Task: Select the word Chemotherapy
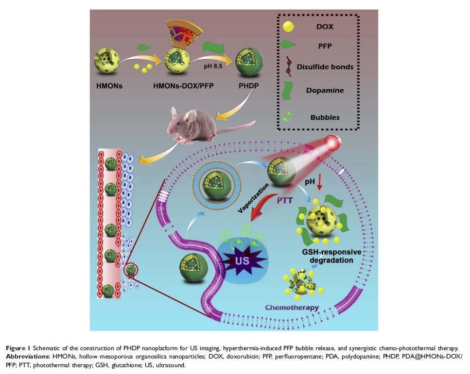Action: tap(292, 308)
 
